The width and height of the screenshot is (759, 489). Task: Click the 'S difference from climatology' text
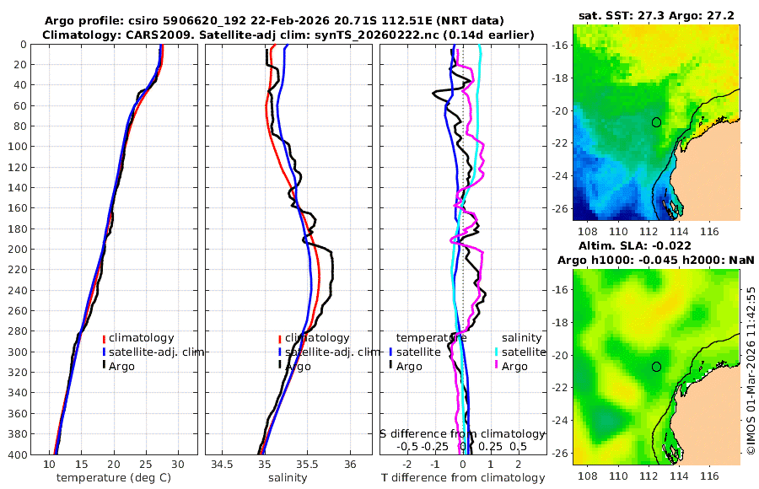462,433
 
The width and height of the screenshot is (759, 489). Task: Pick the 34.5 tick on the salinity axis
223,464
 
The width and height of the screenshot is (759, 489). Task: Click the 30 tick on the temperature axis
177,464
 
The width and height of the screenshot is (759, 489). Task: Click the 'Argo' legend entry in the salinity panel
298,366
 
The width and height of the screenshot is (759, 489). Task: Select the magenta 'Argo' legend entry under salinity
514,366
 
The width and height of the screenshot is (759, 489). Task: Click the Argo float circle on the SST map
656,122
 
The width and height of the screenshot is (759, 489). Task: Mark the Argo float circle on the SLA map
656,367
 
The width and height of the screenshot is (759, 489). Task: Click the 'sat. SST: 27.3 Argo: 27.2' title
656,15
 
